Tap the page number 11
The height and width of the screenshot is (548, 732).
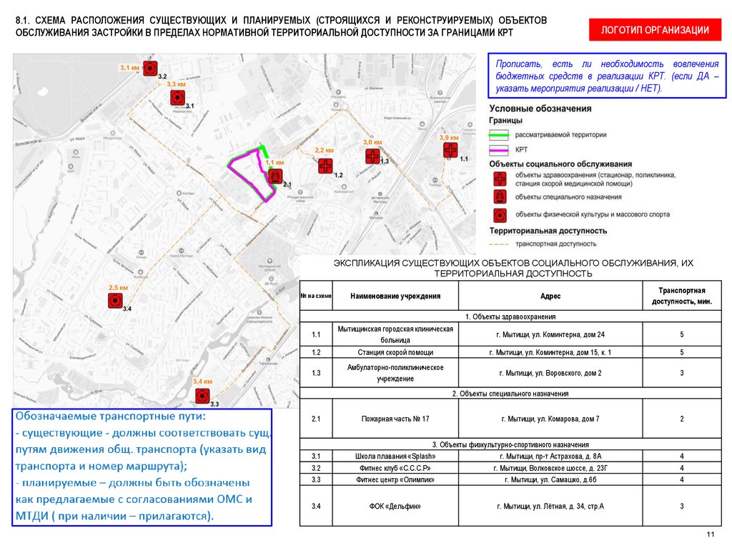(x=710, y=535)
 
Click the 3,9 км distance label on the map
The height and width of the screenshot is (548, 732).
(x=448, y=137)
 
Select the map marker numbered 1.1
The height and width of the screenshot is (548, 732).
(x=450, y=150)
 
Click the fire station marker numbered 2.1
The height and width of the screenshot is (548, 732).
(x=276, y=176)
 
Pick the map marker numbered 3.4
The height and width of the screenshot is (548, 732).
(x=114, y=302)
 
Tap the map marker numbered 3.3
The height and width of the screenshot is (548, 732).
(x=202, y=395)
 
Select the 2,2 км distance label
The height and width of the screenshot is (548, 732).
(x=324, y=151)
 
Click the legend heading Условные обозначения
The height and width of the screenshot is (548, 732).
(x=540, y=109)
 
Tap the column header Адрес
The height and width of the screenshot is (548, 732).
(x=550, y=296)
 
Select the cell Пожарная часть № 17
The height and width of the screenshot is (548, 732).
(x=396, y=419)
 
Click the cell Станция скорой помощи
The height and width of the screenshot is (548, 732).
(x=396, y=352)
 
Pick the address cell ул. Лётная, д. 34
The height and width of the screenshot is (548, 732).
(x=550, y=507)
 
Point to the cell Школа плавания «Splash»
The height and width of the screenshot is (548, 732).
(x=396, y=456)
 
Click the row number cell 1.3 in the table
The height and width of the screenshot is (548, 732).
(x=317, y=372)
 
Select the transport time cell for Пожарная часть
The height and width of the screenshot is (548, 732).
(x=682, y=419)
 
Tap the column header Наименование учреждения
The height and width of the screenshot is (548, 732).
(x=396, y=296)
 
